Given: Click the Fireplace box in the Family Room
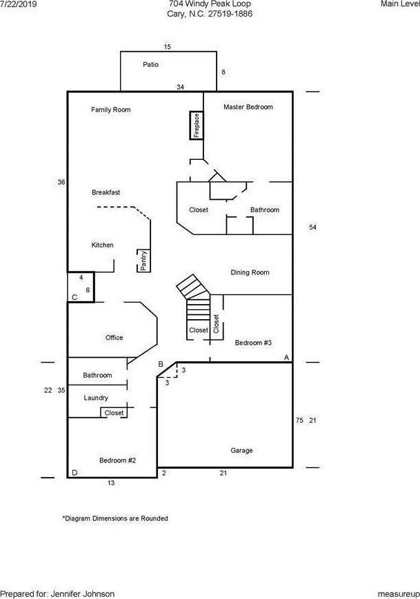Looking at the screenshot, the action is coord(197,125).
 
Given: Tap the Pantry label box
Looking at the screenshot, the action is coord(143,261).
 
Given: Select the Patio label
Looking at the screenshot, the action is coord(150,65).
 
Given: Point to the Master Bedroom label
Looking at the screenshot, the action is coord(248,107).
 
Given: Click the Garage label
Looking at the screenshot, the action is coord(241,450).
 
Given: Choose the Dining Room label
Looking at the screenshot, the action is coord(250,272).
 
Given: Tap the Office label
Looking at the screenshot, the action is coord(114,338).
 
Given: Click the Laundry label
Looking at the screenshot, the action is coord(96,398).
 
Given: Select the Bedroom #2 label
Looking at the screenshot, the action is coord(118,460).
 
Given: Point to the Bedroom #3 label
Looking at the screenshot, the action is coord(253,343).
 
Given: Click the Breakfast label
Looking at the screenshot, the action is coord(106,192).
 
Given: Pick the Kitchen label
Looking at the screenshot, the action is coord(103,245).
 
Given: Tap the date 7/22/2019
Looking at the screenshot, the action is coord(19,4).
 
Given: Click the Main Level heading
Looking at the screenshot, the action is coord(400,4).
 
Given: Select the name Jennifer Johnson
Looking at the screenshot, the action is coord(83,594).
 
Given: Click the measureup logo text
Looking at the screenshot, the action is coord(399,594).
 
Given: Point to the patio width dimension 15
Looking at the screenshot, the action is coord(168,47).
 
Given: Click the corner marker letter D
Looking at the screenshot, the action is coord(74,473).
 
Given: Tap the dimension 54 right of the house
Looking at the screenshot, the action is coord(312,227).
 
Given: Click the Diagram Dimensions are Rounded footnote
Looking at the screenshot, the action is coord(115,518).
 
